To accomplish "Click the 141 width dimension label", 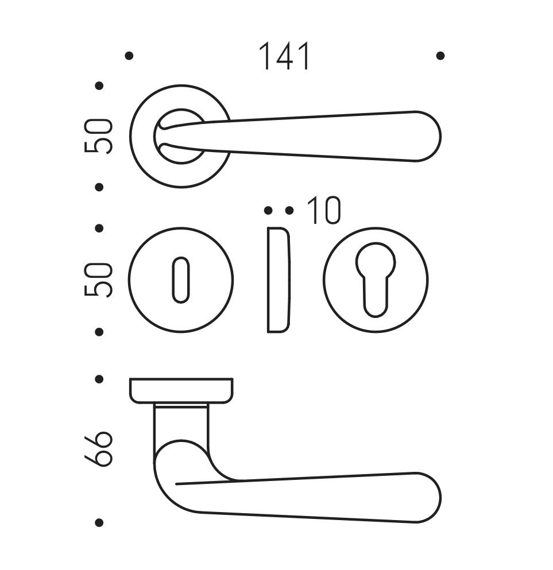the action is [x=284, y=56].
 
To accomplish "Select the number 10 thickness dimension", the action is [x=323, y=211].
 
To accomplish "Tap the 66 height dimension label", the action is [x=98, y=449].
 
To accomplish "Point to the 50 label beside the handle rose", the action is [x=98, y=136].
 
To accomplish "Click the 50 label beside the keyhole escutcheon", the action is [x=98, y=280].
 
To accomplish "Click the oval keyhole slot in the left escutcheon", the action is [x=181, y=280].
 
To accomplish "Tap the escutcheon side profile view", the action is [x=279, y=280].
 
